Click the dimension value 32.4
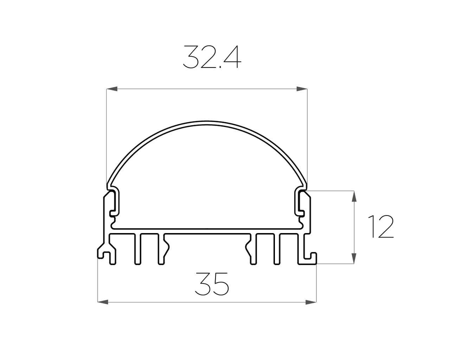(211, 58)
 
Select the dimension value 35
(212, 283)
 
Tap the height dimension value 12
(381, 227)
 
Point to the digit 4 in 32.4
(231, 58)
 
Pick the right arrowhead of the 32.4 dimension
(302, 89)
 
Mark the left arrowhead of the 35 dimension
(103, 301)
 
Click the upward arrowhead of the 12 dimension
(354, 196)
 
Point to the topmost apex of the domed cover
(207, 121)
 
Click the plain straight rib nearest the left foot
(138, 248)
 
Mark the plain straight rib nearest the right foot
(276, 248)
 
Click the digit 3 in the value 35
(203, 283)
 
